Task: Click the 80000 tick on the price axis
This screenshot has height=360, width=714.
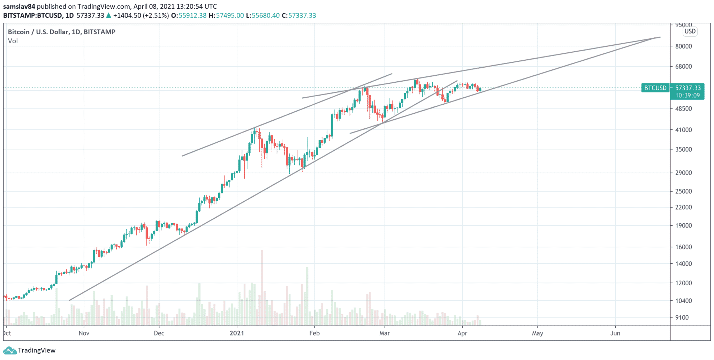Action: click(683, 46)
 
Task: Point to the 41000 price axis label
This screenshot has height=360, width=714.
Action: click(683, 130)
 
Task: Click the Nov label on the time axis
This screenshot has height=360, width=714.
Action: click(84, 333)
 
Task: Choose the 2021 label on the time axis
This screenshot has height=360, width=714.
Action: click(237, 333)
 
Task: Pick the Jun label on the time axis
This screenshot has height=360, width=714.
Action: click(615, 333)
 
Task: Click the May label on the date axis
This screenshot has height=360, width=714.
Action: click(537, 333)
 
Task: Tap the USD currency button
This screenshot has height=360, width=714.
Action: click(690, 31)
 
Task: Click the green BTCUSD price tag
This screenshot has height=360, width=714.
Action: click(655, 88)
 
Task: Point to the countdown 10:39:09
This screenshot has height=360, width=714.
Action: click(687, 96)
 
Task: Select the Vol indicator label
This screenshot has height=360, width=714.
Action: click(13, 41)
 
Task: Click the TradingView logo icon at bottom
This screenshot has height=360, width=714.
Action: click(10, 351)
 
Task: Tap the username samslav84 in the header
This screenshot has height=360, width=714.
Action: click(19, 7)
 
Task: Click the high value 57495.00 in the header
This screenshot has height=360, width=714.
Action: click(230, 16)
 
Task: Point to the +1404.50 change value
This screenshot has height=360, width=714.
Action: click(127, 16)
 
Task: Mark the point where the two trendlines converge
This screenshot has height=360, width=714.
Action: click(655, 38)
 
